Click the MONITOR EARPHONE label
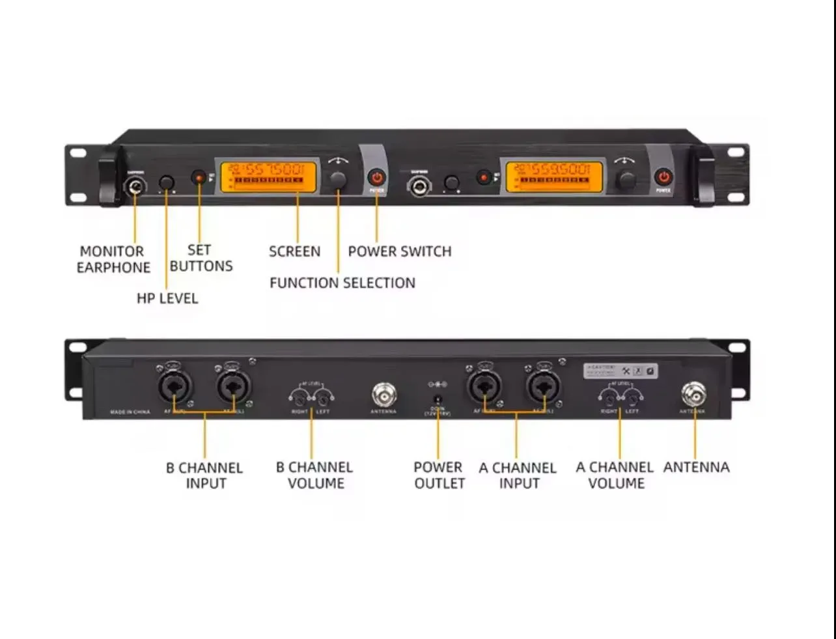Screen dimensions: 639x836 coord(113,259)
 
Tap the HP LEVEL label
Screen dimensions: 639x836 coord(167,298)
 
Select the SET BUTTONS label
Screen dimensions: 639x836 coord(201,258)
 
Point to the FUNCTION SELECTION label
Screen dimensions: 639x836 coord(342,283)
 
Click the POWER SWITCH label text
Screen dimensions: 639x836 coord(399,251)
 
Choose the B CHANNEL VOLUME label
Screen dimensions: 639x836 coord(315,476)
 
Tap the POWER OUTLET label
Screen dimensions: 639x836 coord(439,476)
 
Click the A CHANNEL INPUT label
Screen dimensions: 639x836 coord(518,476)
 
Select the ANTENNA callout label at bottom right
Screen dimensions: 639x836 coord(696,467)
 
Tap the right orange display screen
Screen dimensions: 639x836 coord(554,177)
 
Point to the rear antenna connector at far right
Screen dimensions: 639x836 coord(694,394)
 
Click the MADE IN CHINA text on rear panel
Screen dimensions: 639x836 coord(130,412)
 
